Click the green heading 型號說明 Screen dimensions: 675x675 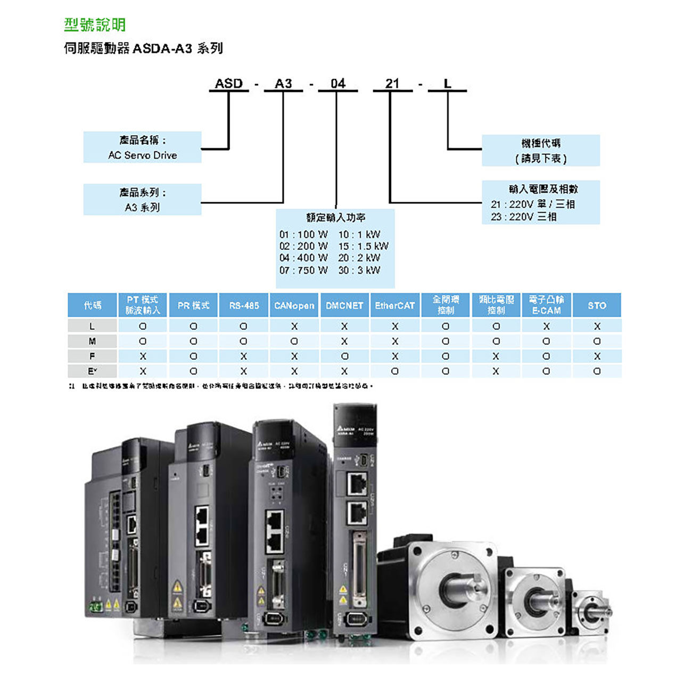coord(95,24)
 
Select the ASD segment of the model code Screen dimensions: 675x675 coord(228,84)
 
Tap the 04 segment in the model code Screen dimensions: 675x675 coord(337,84)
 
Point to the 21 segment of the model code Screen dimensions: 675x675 coord(392,84)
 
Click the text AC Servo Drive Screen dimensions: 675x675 coord(142,155)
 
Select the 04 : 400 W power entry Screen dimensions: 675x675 coord(303,258)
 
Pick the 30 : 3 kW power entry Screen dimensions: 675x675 coord(359,270)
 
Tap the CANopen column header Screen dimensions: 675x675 coord(294,306)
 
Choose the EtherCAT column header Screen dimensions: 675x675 coord(394,306)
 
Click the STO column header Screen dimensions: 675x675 coord(597,306)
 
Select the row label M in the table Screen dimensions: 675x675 coord(92,341)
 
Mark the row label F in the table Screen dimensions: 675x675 coord(92,356)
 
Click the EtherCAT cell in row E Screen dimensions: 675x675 coord(394,371)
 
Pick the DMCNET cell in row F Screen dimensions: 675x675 coord(344,356)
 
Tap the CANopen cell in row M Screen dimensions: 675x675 coord(294,341)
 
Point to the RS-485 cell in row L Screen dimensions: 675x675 coord(244,326)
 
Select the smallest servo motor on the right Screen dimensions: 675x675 coord(591,612)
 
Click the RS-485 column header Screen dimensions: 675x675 coord(244,306)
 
